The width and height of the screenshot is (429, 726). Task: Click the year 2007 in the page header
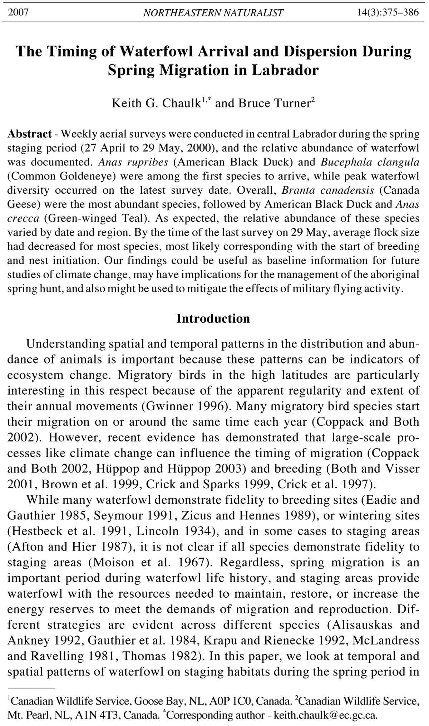18,13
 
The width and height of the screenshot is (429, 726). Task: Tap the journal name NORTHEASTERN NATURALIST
213,13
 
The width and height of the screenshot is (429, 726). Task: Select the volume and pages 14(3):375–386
388,13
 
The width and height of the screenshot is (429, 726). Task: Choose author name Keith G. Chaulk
156,103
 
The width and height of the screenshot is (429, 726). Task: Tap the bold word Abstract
30,134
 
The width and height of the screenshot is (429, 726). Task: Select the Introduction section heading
213,318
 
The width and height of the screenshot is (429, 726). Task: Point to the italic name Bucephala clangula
370,162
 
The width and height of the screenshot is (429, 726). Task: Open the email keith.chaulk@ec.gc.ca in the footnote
325,715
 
